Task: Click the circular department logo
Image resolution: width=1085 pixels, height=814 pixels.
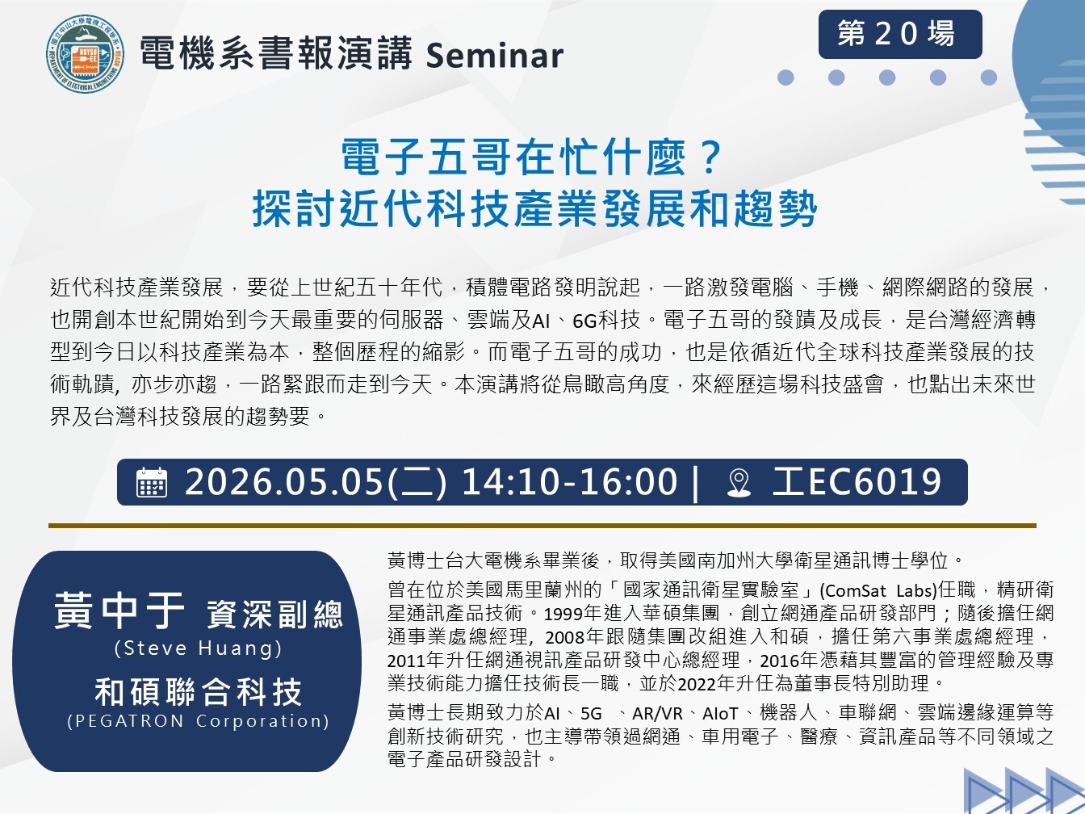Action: [85, 54]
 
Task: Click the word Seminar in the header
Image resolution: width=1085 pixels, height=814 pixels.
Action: [494, 56]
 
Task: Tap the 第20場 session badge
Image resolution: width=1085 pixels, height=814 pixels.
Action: [900, 34]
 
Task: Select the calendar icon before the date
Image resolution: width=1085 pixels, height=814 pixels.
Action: [152, 482]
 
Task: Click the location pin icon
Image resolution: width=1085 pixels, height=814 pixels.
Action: [739, 483]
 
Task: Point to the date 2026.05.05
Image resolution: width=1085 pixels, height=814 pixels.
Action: [284, 482]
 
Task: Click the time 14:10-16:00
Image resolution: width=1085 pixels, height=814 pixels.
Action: [569, 482]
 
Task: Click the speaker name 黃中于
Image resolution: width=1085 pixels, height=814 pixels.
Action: [119, 611]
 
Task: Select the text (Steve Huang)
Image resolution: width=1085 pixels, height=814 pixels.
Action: [199, 648]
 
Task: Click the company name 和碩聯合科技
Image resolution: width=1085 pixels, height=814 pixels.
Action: [199, 692]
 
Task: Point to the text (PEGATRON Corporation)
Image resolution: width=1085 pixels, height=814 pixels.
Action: [199, 721]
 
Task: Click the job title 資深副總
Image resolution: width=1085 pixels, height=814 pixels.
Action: [274, 614]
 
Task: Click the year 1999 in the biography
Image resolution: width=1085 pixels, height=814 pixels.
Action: [563, 615]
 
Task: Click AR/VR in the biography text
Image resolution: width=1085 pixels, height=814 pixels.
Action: [657, 713]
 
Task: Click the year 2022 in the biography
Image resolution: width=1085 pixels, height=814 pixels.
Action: [697, 684]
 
